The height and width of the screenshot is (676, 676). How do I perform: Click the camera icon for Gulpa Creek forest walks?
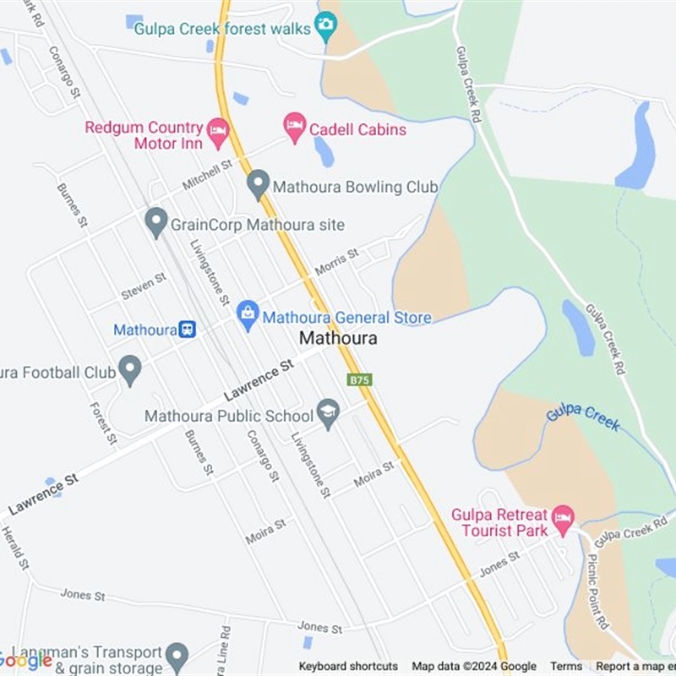tap(325, 27)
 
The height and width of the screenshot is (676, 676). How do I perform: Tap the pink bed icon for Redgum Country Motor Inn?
tap(218, 131)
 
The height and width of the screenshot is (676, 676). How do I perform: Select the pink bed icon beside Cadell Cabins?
tap(294, 128)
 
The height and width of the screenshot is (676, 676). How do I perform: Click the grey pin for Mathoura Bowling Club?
tap(258, 184)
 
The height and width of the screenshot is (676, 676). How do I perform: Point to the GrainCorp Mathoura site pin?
tap(155, 223)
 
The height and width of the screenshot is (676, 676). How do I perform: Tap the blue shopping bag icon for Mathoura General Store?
tap(248, 316)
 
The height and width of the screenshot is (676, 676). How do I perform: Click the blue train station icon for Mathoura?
tap(188, 330)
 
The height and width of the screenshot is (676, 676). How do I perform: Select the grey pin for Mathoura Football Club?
tap(129, 369)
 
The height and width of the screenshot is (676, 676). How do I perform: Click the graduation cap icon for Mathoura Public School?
tap(328, 413)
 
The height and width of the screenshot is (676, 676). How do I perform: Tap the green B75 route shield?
tap(359, 380)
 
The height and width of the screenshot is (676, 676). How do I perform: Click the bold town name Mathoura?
tap(338, 338)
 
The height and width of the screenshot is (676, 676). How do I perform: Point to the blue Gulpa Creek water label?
tap(583, 417)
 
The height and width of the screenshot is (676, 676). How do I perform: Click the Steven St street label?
tap(144, 286)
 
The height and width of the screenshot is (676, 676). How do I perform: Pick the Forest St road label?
tap(101, 422)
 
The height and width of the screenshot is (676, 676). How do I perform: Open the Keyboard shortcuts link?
tap(348, 667)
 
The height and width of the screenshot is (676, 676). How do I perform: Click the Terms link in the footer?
tap(566, 667)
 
